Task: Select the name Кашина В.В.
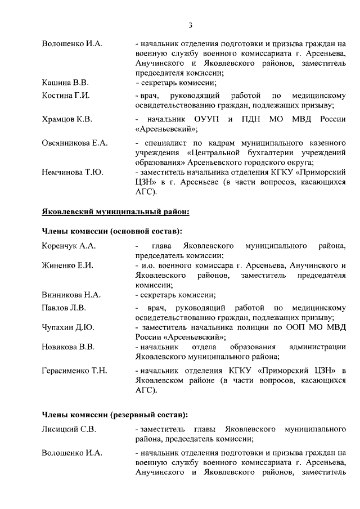pyautogui.click(x=65, y=83)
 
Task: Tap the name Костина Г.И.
pyautogui.click(x=66, y=96)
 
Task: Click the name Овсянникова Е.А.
pyautogui.click(x=75, y=143)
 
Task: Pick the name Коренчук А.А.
pyautogui.click(x=69, y=246)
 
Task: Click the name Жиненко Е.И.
pyautogui.click(x=67, y=265)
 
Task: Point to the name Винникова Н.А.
pyautogui.click(x=71, y=294)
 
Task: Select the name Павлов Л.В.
pyautogui.click(x=64, y=308)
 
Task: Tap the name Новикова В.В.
pyautogui.click(x=68, y=346)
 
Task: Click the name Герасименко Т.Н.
pyautogui.click(x=74, y=371)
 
